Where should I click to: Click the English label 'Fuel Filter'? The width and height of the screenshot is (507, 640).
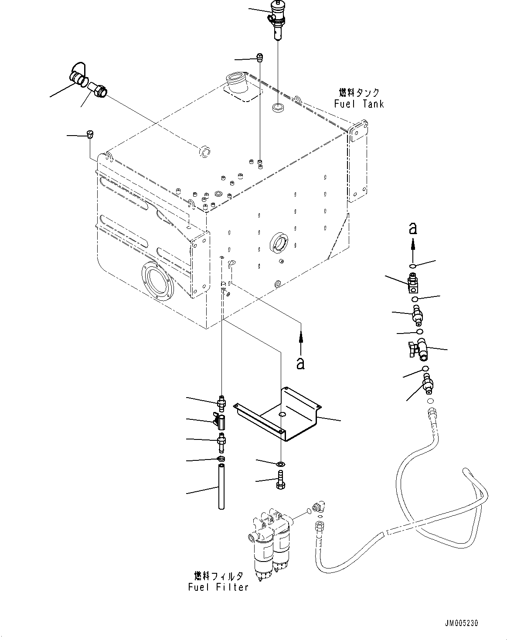tap(218, 587)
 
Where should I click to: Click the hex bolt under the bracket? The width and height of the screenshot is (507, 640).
tap(280, 480)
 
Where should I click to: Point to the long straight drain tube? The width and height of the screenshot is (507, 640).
tap(221, 487)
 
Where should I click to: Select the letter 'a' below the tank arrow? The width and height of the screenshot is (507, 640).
tap(300, 363)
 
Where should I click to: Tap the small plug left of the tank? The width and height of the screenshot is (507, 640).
tap(91, 134)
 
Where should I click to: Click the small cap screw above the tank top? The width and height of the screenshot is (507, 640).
tap(260, 56)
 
